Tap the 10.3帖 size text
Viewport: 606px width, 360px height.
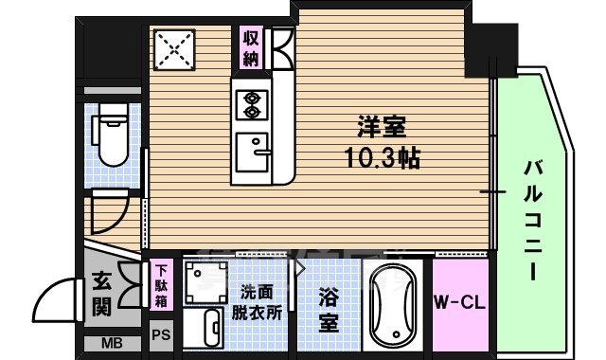pyautogui.click(x=382, y=157)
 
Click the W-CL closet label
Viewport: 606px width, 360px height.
pyautogui.click(x=459, y=303)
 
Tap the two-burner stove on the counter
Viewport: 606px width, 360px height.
pyautogui.click(x=253, y=104)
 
